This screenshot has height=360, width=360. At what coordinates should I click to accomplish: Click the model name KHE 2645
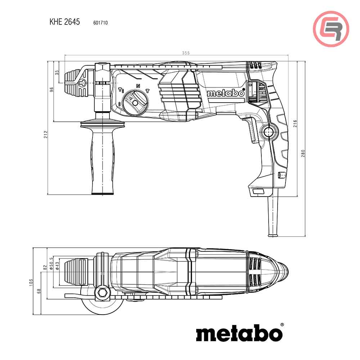pos(64,22)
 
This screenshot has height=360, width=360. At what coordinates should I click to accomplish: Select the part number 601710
pos(100,23)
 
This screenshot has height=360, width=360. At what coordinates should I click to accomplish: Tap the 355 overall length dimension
pos(185,53)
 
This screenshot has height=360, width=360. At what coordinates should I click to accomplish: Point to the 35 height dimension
pos(57,72)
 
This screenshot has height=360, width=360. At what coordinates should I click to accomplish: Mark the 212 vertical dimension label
pos(46,135)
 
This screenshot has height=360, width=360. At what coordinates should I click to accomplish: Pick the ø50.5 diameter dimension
pos(51,264)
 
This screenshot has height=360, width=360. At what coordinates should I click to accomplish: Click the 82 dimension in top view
pos(45,267)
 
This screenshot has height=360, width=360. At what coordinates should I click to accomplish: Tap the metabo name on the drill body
pos(226,93)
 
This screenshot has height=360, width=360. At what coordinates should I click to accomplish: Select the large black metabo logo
pos(239,333)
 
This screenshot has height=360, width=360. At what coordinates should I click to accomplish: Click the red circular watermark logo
pos(331,29)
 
